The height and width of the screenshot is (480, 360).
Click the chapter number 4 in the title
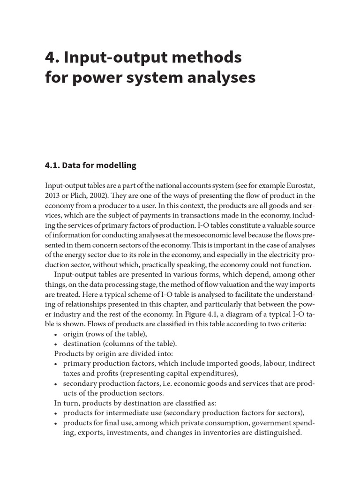pyautogui.click(x=50, y=57)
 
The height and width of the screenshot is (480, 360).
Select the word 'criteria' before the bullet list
pyautogui.click(x=293, y=324)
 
